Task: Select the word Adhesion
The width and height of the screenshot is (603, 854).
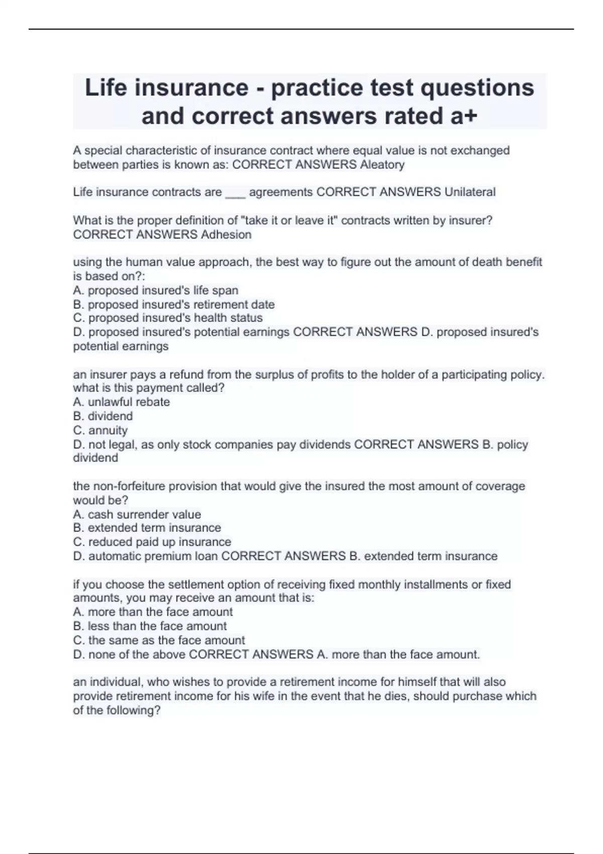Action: point(226,235)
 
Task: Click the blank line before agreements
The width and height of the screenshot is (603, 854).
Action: point(235,193)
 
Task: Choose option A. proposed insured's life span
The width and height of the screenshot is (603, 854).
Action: point(156,290)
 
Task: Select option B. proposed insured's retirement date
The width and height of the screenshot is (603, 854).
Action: point(174,304)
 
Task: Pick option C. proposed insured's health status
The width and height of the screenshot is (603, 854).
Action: point(168,318)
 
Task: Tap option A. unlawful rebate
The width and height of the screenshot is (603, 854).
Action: point(122,402)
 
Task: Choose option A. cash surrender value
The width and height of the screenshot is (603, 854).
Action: point(137,514)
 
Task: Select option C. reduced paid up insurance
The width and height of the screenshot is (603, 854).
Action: point(152,542)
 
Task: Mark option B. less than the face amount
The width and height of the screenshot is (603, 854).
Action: point(150,626)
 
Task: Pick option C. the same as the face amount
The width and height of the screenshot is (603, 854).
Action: point(159,640)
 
